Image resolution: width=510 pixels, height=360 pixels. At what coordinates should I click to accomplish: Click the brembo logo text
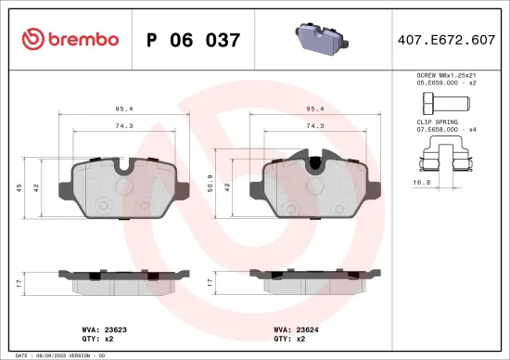[83, 40]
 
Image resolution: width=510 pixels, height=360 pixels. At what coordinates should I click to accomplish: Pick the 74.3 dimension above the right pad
[314, 125]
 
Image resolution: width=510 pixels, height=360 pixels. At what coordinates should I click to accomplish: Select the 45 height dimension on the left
[20, 188]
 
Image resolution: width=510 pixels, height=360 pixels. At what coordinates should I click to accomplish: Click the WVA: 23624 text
[295, 329]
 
